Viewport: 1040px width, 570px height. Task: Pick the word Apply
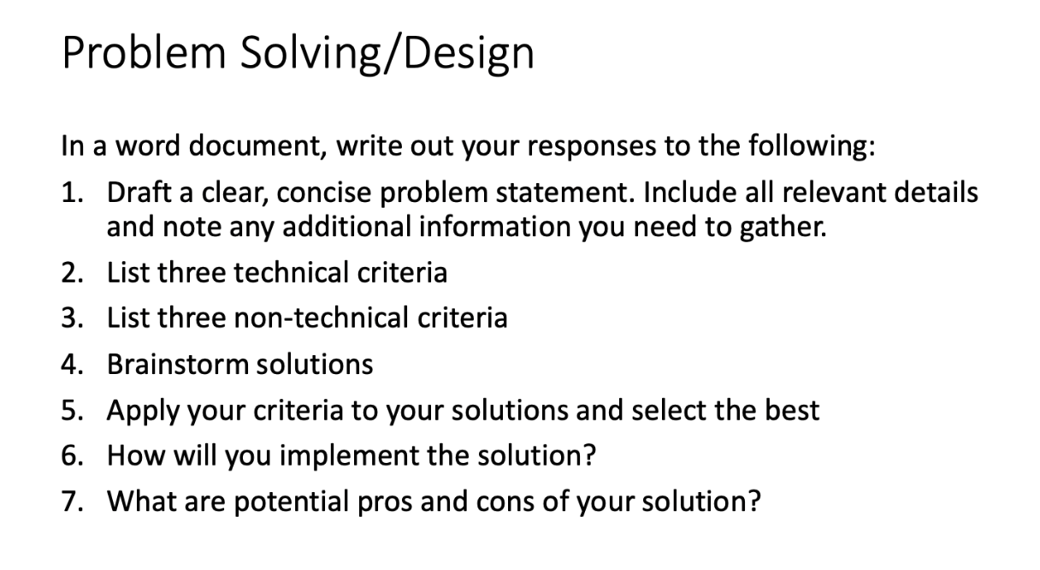135,411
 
